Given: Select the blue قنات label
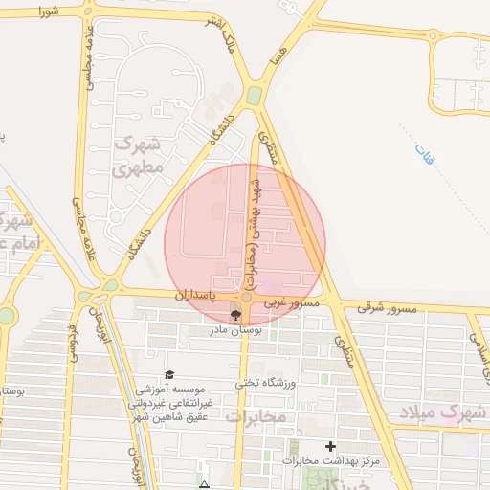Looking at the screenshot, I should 423,152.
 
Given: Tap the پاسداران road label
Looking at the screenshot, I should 192,298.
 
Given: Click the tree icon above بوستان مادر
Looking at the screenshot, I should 235,315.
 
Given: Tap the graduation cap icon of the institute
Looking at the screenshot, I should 169,375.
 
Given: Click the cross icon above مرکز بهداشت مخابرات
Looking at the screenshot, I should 331,446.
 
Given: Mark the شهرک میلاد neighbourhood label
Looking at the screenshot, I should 454,413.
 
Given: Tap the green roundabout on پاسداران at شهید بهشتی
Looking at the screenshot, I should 247,298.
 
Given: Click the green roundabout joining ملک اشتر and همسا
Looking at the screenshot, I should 254,96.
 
